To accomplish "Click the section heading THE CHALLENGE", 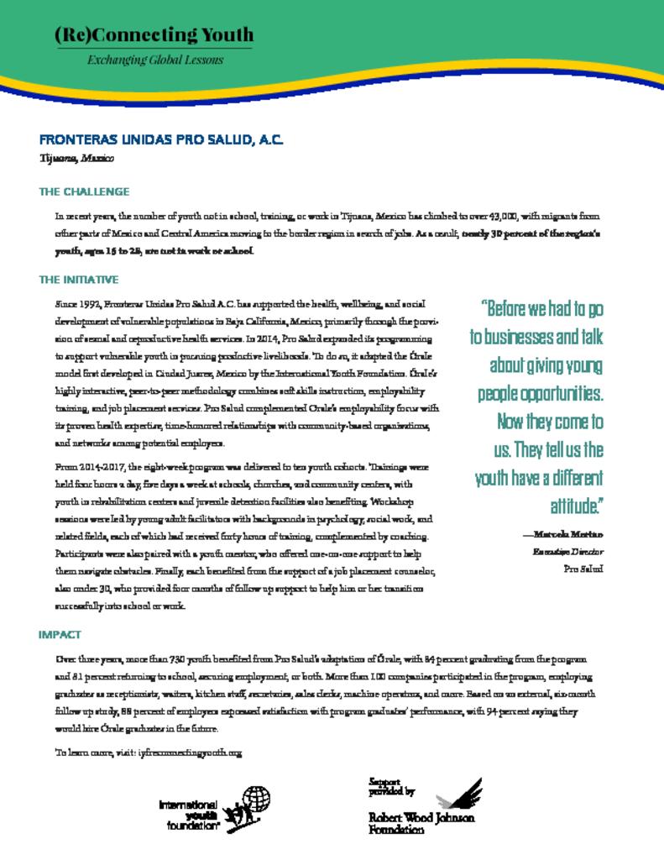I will point(84,191).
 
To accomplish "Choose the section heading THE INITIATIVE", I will point(79,279).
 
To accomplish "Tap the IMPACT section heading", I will point(60,634).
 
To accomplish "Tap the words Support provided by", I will point(391,786).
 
